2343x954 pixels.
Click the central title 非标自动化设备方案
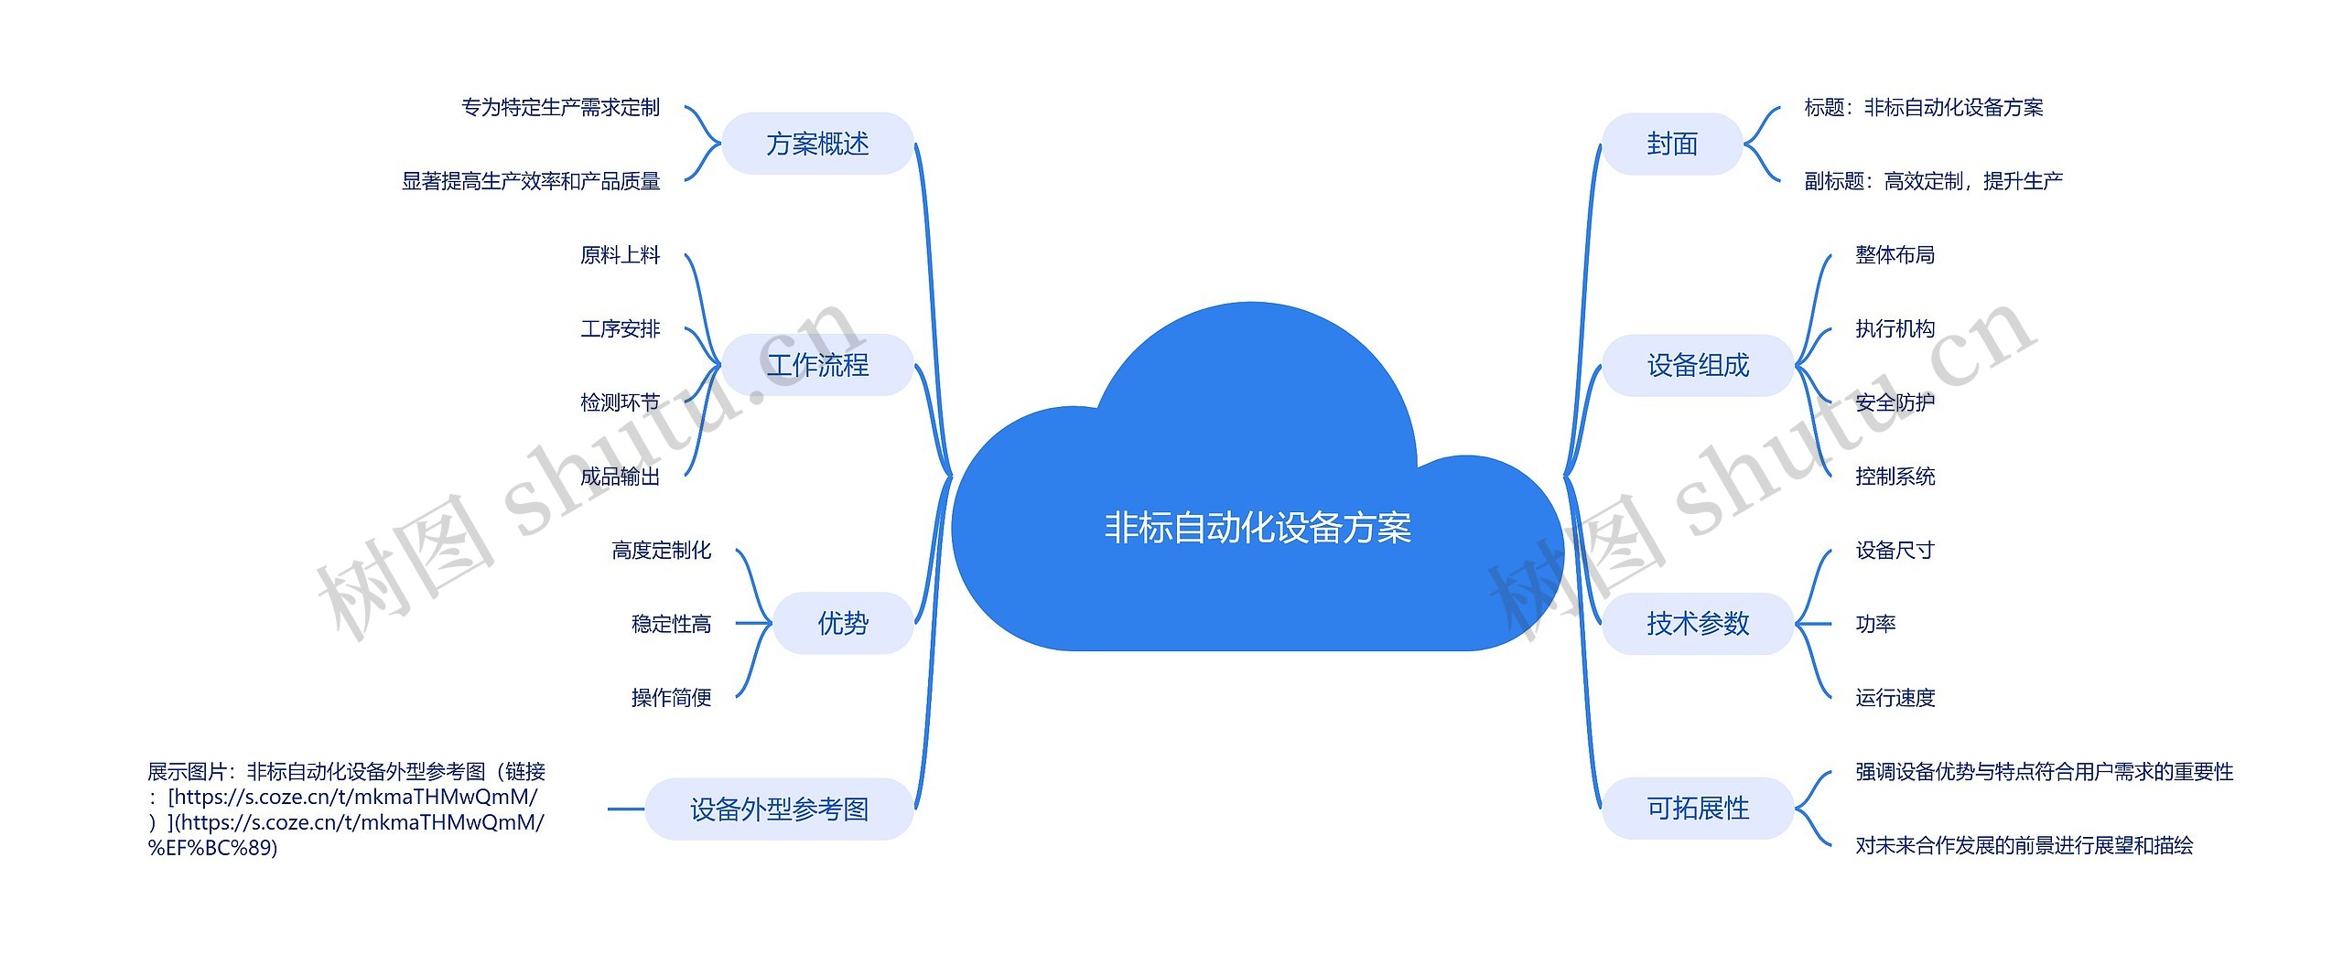click(1258, 529)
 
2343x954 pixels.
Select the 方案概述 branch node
click(817, 144)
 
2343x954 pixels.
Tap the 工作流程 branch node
click(817, 365)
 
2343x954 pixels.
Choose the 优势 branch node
click(843, 623)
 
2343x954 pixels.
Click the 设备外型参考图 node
click(779, 809)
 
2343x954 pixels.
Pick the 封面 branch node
click(1672, 144)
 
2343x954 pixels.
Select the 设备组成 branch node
click(1698, 365)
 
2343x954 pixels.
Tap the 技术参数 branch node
click(1698, 623)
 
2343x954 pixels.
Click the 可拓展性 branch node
click(1698, 808)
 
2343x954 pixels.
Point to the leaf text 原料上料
click(620, 255)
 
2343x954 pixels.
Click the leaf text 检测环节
click(620, 402)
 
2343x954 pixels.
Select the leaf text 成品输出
click(620, 477)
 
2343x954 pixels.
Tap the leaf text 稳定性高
click(671, 624)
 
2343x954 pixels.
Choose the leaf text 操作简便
click(671, 698)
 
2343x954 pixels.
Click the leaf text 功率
click(1875, 624)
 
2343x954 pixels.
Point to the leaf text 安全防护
click(1895, 402)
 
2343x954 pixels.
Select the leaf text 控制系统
click(1895, 477)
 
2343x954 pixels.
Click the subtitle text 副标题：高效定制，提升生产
click(1933, 181)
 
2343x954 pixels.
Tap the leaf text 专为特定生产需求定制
click(560, 108)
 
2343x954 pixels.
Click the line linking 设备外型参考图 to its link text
click(626, 809)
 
